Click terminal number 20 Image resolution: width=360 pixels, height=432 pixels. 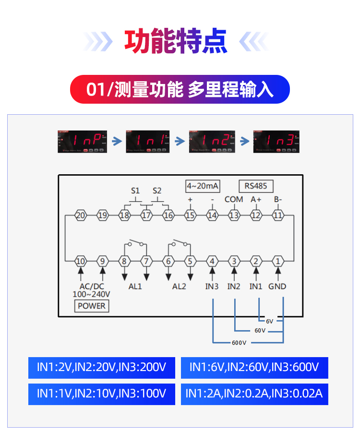(x=81, y=216)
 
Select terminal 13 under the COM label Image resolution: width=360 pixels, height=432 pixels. (x=234, y=216)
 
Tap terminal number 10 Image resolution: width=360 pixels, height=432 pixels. (x=81, y=262)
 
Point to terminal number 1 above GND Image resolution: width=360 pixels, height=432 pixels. (x=277, y=262)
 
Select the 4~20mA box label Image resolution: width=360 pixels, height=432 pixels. (x=203, y=186)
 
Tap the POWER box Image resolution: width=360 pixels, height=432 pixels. (x=91, y=306)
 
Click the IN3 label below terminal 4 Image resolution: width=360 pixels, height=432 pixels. (x=212, y=287)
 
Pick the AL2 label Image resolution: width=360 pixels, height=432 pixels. (x=179, y=287)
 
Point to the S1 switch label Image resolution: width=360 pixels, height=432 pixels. (x=135, y=191)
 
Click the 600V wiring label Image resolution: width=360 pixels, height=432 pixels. (x=239, y=343)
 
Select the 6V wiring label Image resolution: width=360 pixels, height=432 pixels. (x=269, y=321)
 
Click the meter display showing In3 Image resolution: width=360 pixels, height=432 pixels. (x=276, y=141)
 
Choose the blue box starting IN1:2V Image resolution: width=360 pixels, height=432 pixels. (x=102, y=368)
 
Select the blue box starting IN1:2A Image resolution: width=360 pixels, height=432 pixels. (x=254, y=394)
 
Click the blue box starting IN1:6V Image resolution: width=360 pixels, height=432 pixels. (x=254, y=368)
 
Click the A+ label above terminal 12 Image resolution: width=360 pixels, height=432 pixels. (x=256, y=199)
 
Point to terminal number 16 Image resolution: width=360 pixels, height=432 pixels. (x=168, y=216)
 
